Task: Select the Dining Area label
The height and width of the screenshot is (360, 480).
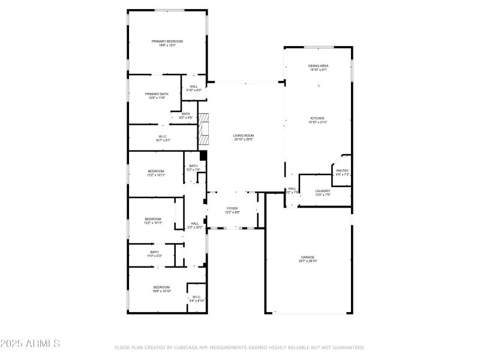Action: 318,67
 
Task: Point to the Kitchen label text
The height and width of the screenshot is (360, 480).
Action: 317,120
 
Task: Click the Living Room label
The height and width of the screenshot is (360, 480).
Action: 244,137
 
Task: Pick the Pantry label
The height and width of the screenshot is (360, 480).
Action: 342,172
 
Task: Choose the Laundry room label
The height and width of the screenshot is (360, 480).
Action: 323,193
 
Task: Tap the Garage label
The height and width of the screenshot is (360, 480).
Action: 308,259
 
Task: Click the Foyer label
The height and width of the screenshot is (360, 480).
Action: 232,210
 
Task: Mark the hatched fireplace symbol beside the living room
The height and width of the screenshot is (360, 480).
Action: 205,129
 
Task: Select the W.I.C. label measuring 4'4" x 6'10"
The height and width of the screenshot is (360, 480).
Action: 197,298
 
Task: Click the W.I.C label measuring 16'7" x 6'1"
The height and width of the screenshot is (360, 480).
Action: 163,138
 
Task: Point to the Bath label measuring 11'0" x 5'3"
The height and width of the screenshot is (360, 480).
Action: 154,253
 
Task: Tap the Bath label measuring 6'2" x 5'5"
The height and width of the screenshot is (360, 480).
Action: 186,116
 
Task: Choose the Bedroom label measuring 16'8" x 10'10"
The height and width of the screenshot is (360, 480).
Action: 161,289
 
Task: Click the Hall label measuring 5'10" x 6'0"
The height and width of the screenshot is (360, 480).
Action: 194,88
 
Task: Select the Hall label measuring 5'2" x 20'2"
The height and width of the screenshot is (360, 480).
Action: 195,225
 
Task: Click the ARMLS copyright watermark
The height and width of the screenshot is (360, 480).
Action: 30,344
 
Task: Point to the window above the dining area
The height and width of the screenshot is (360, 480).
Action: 319,47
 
